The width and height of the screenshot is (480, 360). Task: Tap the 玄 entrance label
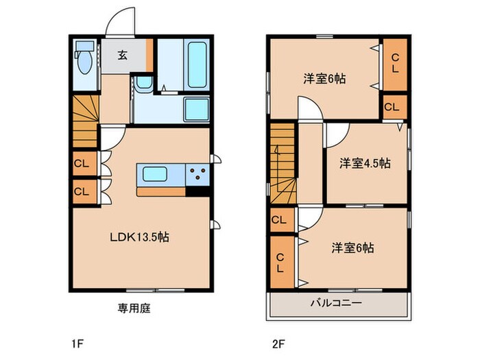121,56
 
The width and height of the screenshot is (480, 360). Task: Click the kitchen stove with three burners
198,175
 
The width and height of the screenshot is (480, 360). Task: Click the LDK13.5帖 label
140,237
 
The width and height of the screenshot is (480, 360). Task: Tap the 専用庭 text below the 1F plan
133,309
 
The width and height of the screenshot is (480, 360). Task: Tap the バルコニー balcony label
337,303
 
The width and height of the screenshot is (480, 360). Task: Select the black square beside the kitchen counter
199,191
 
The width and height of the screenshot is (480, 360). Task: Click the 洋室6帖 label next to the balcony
353,248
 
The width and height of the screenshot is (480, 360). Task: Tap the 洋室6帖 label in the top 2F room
325,78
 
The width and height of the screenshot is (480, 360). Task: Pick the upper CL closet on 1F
81,164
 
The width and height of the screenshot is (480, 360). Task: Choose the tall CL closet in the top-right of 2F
395,64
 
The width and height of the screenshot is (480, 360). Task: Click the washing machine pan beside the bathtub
197,108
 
